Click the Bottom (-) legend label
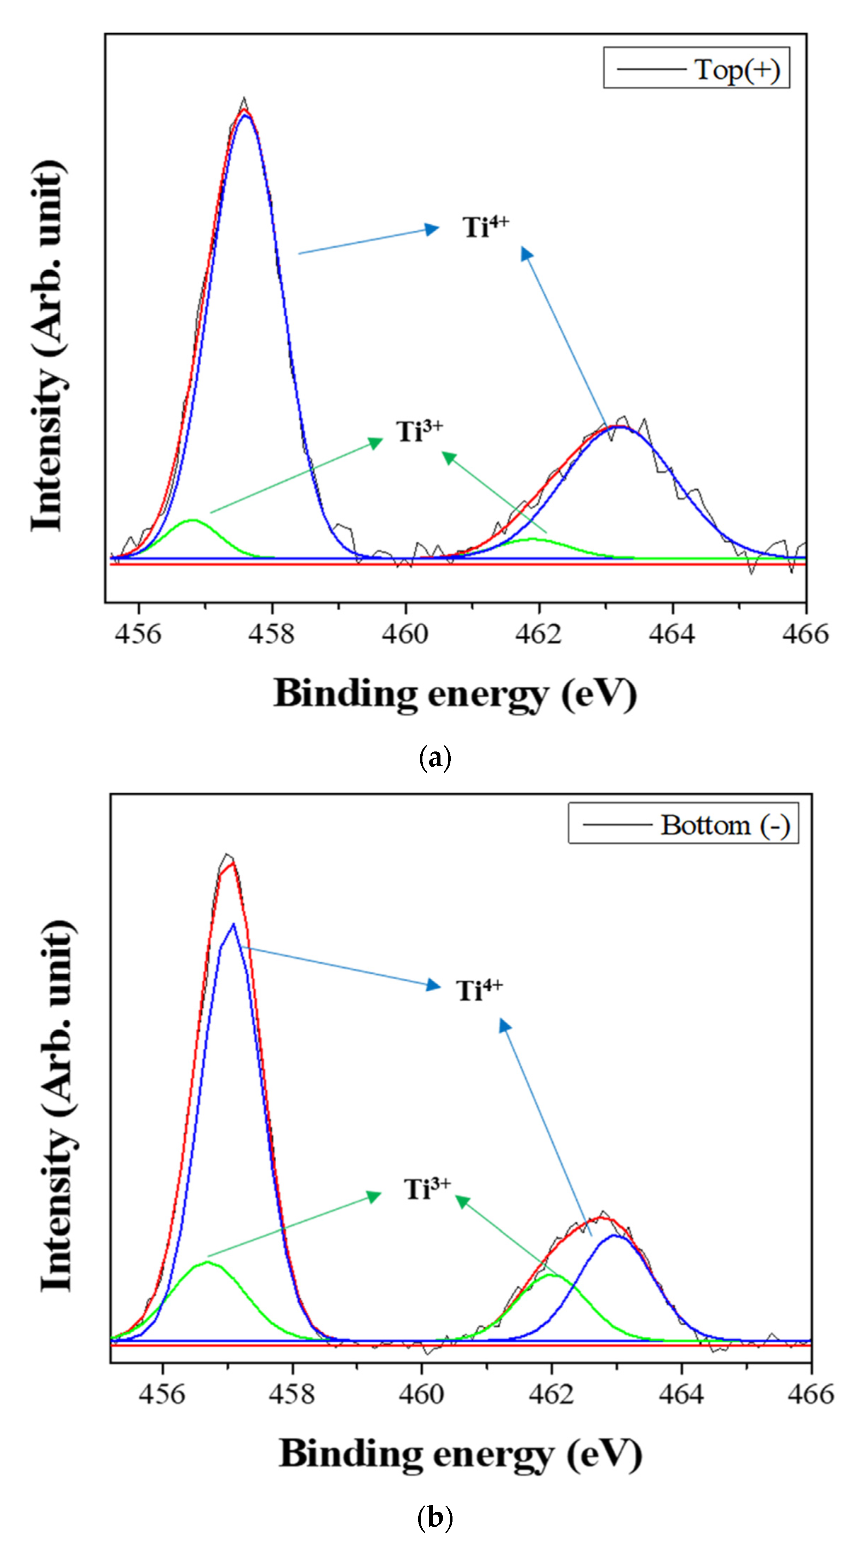point(725,825)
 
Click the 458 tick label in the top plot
point(272,634)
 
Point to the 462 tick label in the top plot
point(538,634)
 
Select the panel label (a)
point(435,758)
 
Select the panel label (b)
point(435,1517)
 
